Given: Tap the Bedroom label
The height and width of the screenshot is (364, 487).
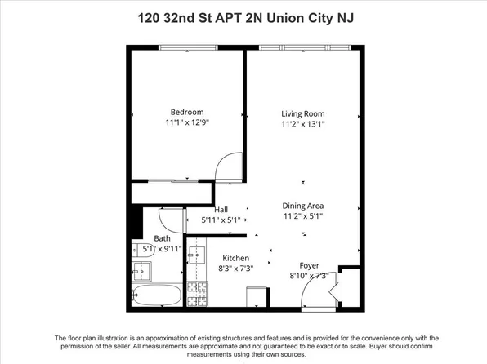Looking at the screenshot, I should (186, 113).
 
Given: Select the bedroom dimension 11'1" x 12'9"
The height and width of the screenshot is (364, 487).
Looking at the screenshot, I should (186, 124).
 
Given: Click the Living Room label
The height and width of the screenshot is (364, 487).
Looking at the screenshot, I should (303, 113).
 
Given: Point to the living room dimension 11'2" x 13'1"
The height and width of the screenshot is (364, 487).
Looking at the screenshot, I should (303, 125).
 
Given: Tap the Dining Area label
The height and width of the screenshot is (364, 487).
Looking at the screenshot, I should (303, 206).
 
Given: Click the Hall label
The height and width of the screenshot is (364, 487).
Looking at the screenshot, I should (220, 209).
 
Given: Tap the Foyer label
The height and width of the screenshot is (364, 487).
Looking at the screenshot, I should (310, 264).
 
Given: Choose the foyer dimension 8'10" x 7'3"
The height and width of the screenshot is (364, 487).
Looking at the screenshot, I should (310, 276).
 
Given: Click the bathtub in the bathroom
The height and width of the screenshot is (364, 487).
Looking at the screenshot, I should (157, 295).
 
